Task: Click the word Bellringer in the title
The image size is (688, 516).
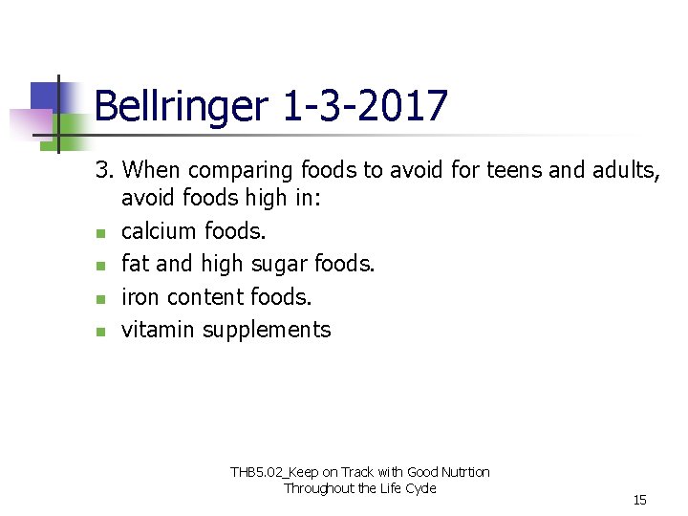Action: (x=182, y=106)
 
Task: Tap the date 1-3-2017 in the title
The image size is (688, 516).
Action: (x=365, y=106)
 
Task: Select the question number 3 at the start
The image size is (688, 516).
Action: (x=104, y=170)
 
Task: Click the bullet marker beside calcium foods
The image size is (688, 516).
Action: (x=100, y=233)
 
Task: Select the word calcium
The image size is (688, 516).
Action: (x=160, y=231)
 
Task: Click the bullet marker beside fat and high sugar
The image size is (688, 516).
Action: (x=100, y=266)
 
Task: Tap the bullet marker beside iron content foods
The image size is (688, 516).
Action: (x=100, y=299)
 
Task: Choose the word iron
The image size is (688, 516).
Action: (x=138, y=297)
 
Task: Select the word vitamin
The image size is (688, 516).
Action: (x=158, y=331)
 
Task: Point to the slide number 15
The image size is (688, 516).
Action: (x=639, y=500)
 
